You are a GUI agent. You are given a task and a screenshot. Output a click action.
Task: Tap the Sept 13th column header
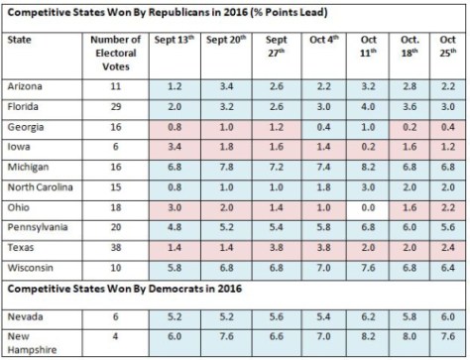tap(174, 44)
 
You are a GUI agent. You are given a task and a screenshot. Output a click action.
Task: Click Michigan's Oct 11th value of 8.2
tap(366, 166)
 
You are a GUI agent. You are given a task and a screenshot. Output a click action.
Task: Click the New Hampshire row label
tap(31, 341)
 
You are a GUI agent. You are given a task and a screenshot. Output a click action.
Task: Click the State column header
tap(19, 44)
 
